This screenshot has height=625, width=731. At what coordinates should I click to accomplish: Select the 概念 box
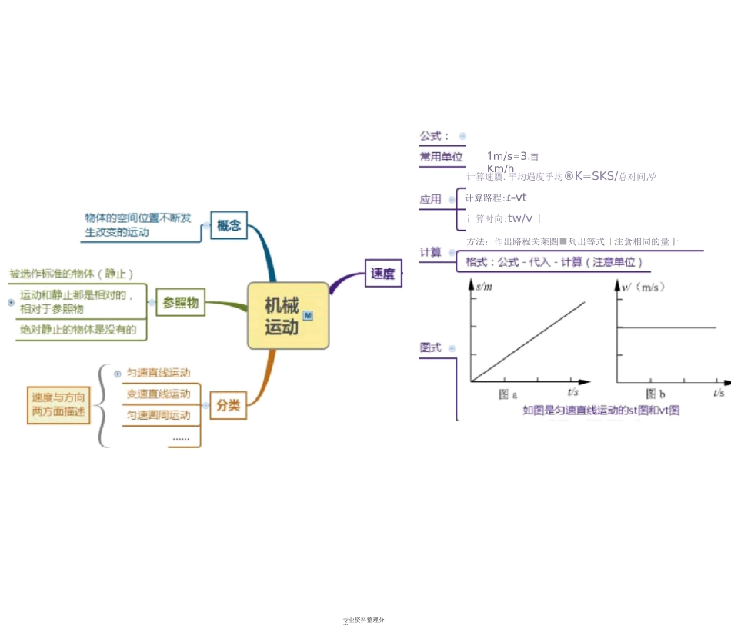coord(229,225)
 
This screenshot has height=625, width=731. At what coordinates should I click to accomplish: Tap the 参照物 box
coord(181,303)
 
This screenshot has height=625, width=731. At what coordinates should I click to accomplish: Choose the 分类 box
coord(228,405)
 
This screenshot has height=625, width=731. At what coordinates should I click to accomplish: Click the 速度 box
coord(382,273)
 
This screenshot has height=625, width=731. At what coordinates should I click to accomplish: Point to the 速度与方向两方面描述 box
coord(58,405)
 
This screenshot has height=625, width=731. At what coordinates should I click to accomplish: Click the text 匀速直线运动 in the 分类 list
coord(158,373)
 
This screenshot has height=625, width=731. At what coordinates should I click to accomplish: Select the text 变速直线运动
coord(158,394)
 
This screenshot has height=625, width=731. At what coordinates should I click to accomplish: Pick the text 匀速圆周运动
coord(158,415)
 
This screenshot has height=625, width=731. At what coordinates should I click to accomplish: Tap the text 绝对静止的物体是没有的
coord(78,330)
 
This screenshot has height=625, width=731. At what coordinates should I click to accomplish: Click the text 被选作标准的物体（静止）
coord(72,274)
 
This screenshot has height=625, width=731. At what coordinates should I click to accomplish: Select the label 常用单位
coord(442,157)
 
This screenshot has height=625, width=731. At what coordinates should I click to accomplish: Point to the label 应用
coord(431,199)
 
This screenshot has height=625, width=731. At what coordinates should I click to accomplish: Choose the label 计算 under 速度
coord(431,252)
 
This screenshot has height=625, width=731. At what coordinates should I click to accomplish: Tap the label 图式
coord(431,347)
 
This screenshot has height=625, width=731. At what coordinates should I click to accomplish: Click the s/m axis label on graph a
coord(484,287)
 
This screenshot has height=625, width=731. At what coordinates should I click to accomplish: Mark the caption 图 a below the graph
coord(508,394)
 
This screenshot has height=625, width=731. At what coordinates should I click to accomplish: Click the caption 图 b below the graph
coord(656,394)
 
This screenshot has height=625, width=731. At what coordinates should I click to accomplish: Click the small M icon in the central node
coord(308,315)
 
